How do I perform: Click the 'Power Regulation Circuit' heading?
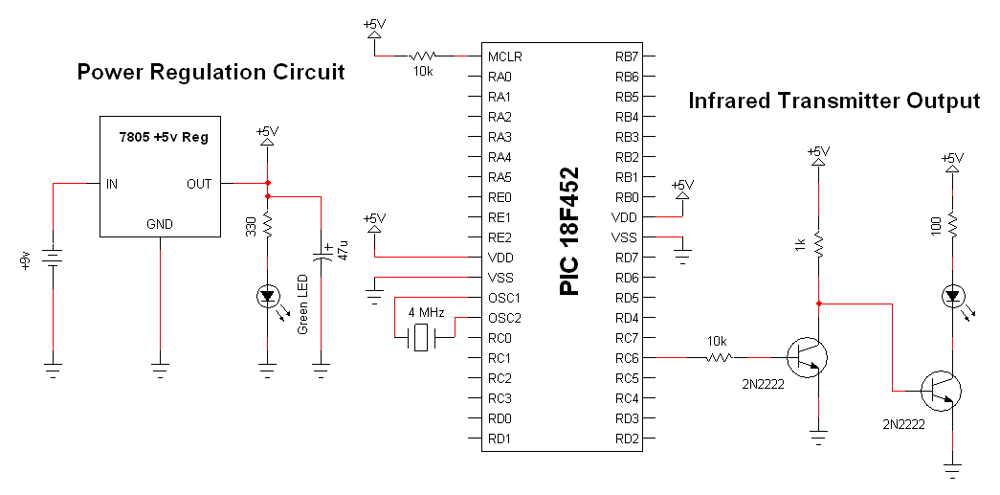click(211, 73)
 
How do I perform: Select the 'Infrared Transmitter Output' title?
click(834, 101)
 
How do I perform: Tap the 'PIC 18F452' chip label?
click(570, 234)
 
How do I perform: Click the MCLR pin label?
click(504, 56)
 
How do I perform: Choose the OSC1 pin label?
click(503, 297)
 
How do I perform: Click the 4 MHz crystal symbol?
click(420, 337)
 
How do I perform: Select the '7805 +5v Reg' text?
click(163, 138)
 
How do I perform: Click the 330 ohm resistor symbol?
click(268, 227)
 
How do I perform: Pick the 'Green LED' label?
click(302, 304)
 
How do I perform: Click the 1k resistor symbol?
click(818, 244)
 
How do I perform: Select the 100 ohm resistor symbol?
click(952, 225)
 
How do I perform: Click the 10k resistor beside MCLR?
click(422, 56)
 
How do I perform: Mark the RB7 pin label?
click(627, 56)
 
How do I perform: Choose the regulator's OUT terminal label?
click(199, 184)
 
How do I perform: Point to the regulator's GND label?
click(160, 225)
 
